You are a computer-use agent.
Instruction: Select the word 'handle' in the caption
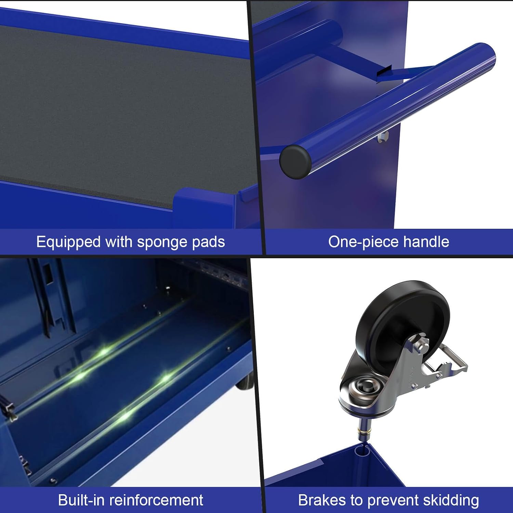tap(426, 241)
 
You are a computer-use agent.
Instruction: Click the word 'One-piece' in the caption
tap(364, 242)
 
